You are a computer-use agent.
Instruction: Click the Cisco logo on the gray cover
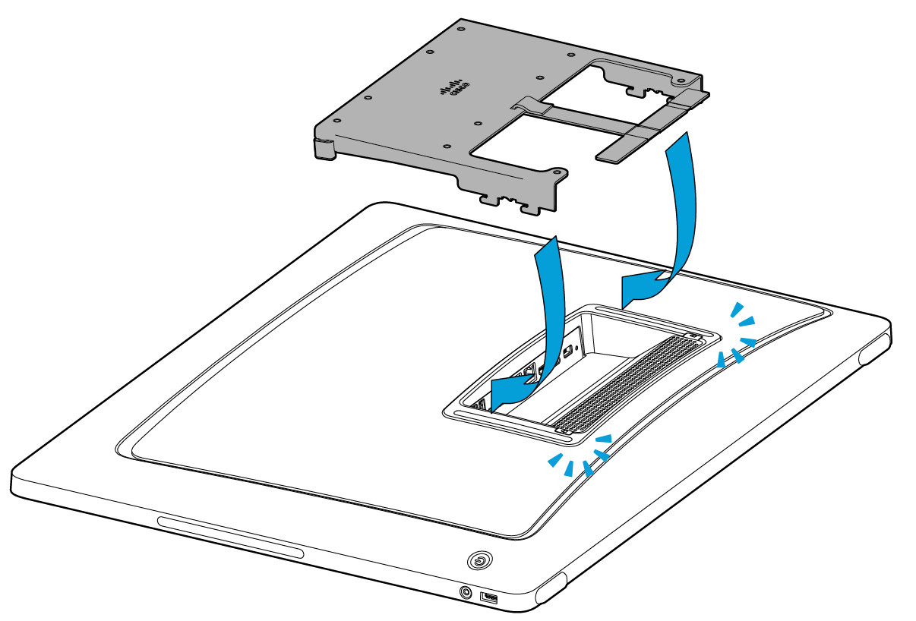[454, 90]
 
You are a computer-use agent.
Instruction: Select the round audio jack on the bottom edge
[465, 591]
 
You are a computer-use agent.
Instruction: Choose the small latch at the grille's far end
[691, 335]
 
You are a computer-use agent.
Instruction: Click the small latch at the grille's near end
[563, 430]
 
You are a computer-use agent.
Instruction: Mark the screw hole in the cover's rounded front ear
[559, 175]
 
